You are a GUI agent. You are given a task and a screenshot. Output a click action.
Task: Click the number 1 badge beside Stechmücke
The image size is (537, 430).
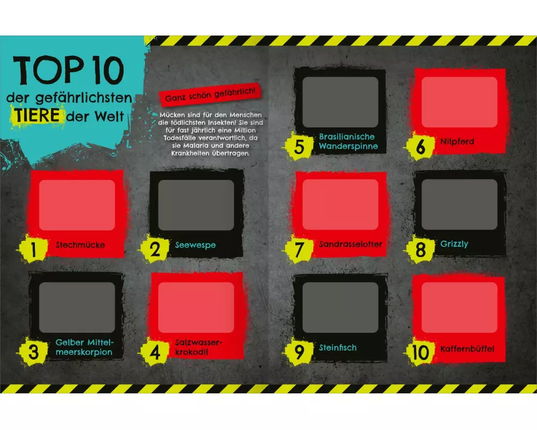[x=33, y=249]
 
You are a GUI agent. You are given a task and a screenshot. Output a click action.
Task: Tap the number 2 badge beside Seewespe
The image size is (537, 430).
[x=155, y=249]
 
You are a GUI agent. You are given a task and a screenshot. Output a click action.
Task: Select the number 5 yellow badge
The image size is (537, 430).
[x=299, y=146]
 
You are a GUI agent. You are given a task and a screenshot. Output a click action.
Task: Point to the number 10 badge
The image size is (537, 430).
[x=420, y=352]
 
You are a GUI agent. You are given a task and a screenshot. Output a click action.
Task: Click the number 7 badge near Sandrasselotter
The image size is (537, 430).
[x=299, y=249]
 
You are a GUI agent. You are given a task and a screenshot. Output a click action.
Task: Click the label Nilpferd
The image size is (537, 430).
[x=457, y=141]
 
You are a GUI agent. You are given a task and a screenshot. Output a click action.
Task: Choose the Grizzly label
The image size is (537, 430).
[x=454, y=244]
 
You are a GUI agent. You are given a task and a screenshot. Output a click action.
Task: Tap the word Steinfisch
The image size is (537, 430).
[x=338, y=347]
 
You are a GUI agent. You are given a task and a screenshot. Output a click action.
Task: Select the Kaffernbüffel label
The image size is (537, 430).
[x=467, y=349]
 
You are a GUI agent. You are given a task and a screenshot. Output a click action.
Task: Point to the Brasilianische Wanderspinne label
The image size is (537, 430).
[x=349, y=141]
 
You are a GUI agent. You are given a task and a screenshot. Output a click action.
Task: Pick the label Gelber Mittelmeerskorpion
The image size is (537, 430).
[x=85, y=347]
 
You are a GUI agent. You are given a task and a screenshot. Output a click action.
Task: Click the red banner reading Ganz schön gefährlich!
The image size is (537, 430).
[x=211, y=94]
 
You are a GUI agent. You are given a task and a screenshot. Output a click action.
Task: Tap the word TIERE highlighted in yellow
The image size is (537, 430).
[x=37, y=115]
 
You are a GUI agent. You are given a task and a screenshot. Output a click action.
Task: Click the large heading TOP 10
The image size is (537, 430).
[x=68, y=70]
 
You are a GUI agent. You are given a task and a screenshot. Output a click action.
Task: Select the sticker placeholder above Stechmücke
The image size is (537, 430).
[x=77, y=205]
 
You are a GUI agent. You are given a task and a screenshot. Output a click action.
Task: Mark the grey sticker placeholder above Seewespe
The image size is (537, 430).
[x=196, y=205]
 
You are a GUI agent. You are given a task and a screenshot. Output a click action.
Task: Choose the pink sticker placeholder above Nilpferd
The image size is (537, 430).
[x=459, y=102]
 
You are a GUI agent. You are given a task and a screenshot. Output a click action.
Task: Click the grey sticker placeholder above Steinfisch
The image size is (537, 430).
[x=340, y=307]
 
